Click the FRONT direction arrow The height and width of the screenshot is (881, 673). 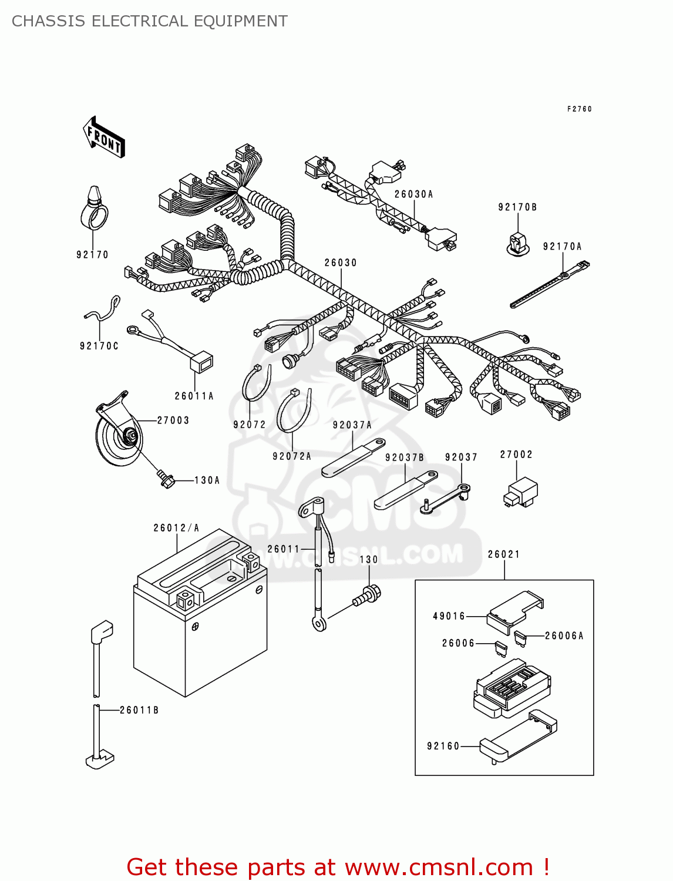point(104,137)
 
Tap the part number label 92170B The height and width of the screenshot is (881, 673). point(517,207)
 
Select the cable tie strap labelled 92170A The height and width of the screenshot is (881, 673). point(549,286)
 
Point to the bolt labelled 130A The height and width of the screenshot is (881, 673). point(166,479)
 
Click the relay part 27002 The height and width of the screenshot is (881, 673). point(521,492)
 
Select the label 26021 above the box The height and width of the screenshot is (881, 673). point(504,554)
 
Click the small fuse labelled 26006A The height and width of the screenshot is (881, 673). point(520,637)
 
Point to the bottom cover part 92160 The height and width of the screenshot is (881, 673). point(517,737)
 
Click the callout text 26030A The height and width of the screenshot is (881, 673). point(413,194)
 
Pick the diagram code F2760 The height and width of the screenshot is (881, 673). point(579,109)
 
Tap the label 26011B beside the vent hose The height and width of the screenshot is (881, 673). point(139,710)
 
